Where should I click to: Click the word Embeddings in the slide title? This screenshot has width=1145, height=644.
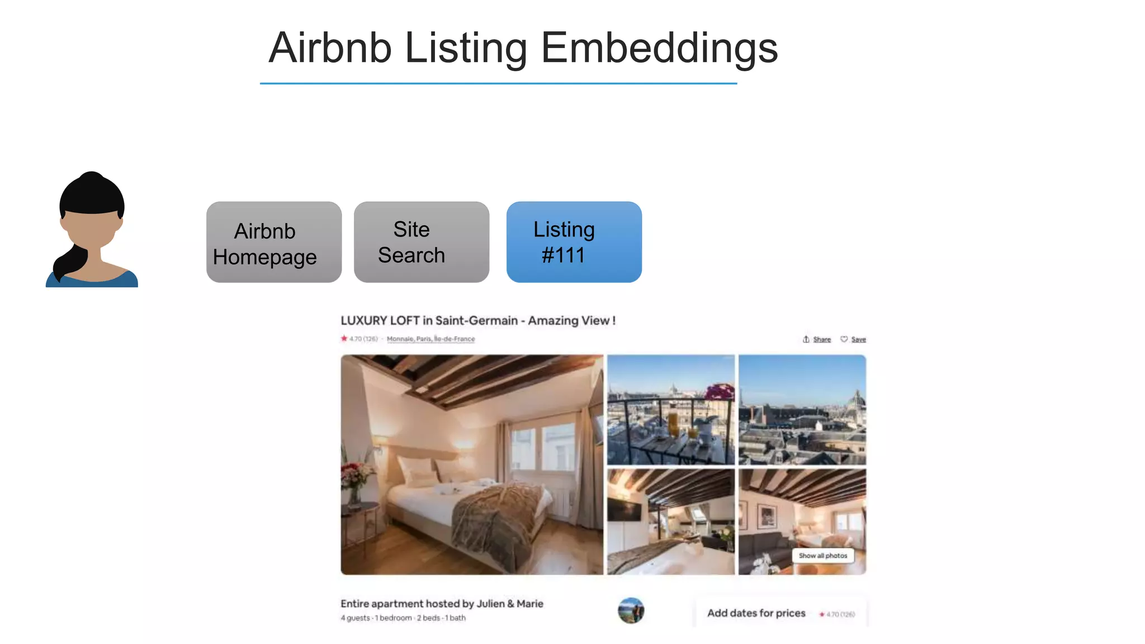pos(659,49)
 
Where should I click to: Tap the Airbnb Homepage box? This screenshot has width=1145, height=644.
pos(274,243)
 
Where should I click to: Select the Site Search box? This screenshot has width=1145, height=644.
pos(422,243)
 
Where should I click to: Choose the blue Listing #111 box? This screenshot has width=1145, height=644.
pos(574,243)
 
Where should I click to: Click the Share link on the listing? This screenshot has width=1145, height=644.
pos(821,339)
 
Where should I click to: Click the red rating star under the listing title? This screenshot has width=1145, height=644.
pos(344,338)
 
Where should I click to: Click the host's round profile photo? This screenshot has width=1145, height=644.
pos(631,610)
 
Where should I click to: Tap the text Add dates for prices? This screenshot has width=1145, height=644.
pos(756,613)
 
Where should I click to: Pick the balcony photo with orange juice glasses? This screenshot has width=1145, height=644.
pos(671,410)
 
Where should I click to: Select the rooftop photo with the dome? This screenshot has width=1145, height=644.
pos(802,410)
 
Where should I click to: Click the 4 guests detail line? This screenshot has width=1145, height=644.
pos(403,618)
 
